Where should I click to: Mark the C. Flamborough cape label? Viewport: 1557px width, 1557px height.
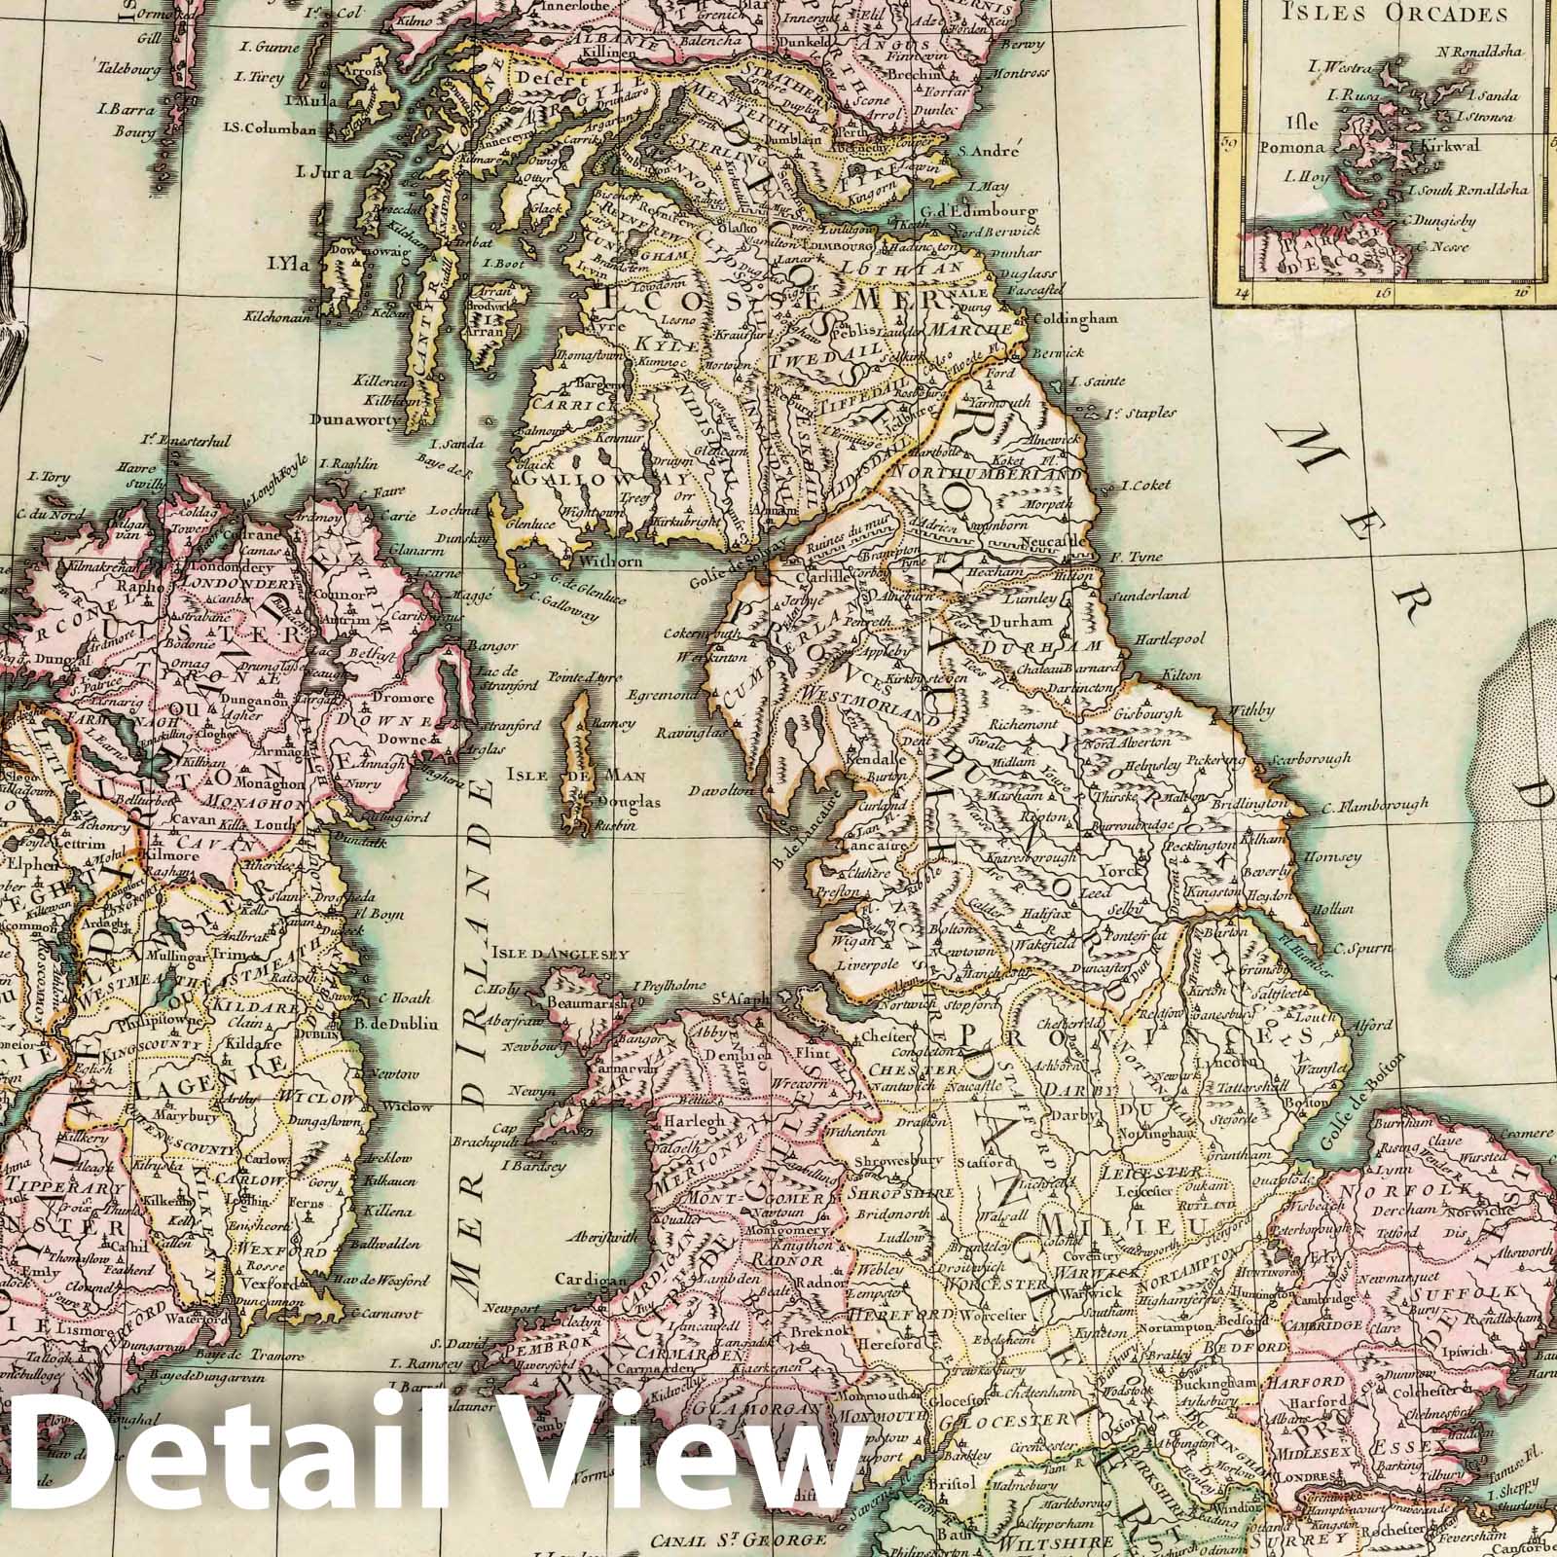tap(1376, 805)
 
